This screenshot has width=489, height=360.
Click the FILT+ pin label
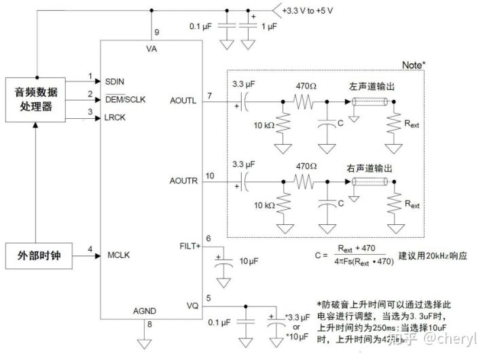[187, 247]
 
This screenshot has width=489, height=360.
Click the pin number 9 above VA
[156, 32]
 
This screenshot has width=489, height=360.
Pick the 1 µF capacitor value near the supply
[269, 26]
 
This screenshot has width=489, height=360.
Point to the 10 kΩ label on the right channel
[261, 205]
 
